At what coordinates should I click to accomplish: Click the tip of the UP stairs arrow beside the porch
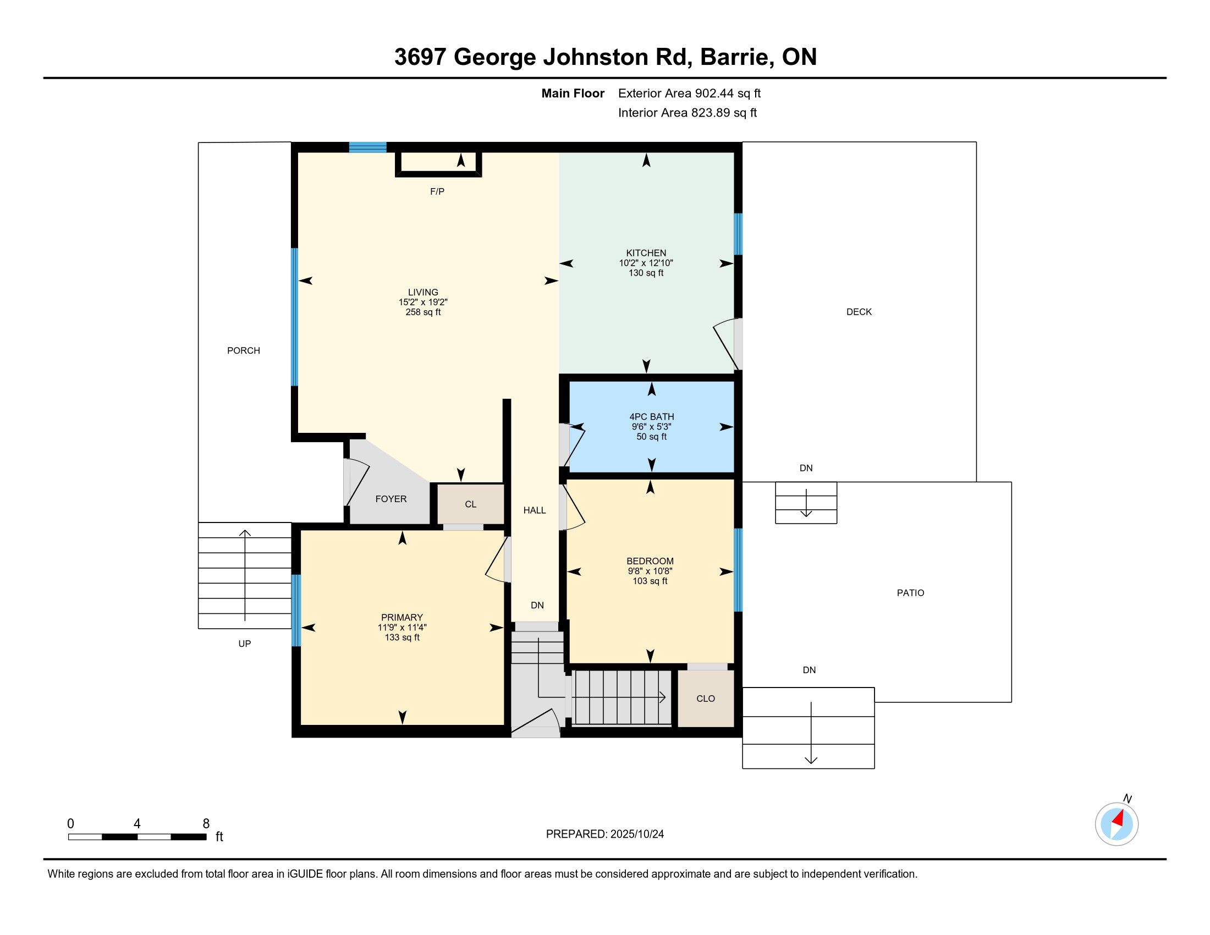245,531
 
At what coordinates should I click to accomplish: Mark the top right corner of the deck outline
976,142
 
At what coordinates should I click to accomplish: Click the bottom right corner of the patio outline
1011,702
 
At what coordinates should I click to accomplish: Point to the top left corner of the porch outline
199,143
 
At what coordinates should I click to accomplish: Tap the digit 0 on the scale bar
70,824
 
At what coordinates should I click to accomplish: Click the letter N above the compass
1127,798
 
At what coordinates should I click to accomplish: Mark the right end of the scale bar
207,837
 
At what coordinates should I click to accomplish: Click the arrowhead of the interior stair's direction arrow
662,697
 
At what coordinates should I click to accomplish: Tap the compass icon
1116,824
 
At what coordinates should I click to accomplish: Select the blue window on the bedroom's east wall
738,569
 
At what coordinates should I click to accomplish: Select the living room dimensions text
423,302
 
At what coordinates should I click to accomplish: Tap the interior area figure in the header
687,113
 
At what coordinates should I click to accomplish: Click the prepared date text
604,834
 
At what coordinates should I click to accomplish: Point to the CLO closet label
705,698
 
